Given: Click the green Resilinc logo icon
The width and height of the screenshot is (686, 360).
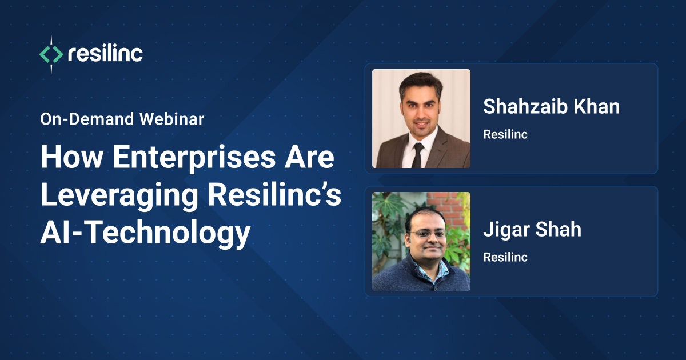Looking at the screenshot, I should (x=50, y=54).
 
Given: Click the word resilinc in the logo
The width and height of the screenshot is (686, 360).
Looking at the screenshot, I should (x=105, y=54).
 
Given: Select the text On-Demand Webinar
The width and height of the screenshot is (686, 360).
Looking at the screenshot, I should (x=122, y=119).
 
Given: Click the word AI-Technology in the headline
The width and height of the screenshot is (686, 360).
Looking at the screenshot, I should (x=145, y=234).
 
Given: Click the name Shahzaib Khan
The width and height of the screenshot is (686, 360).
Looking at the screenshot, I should (x=551, y=106).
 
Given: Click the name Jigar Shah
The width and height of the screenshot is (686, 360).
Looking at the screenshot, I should (x=532, y=229).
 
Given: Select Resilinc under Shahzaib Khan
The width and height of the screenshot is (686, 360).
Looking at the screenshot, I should (x=505, y=135).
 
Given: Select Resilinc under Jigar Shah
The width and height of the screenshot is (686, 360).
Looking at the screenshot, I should (x=505, y=257).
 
